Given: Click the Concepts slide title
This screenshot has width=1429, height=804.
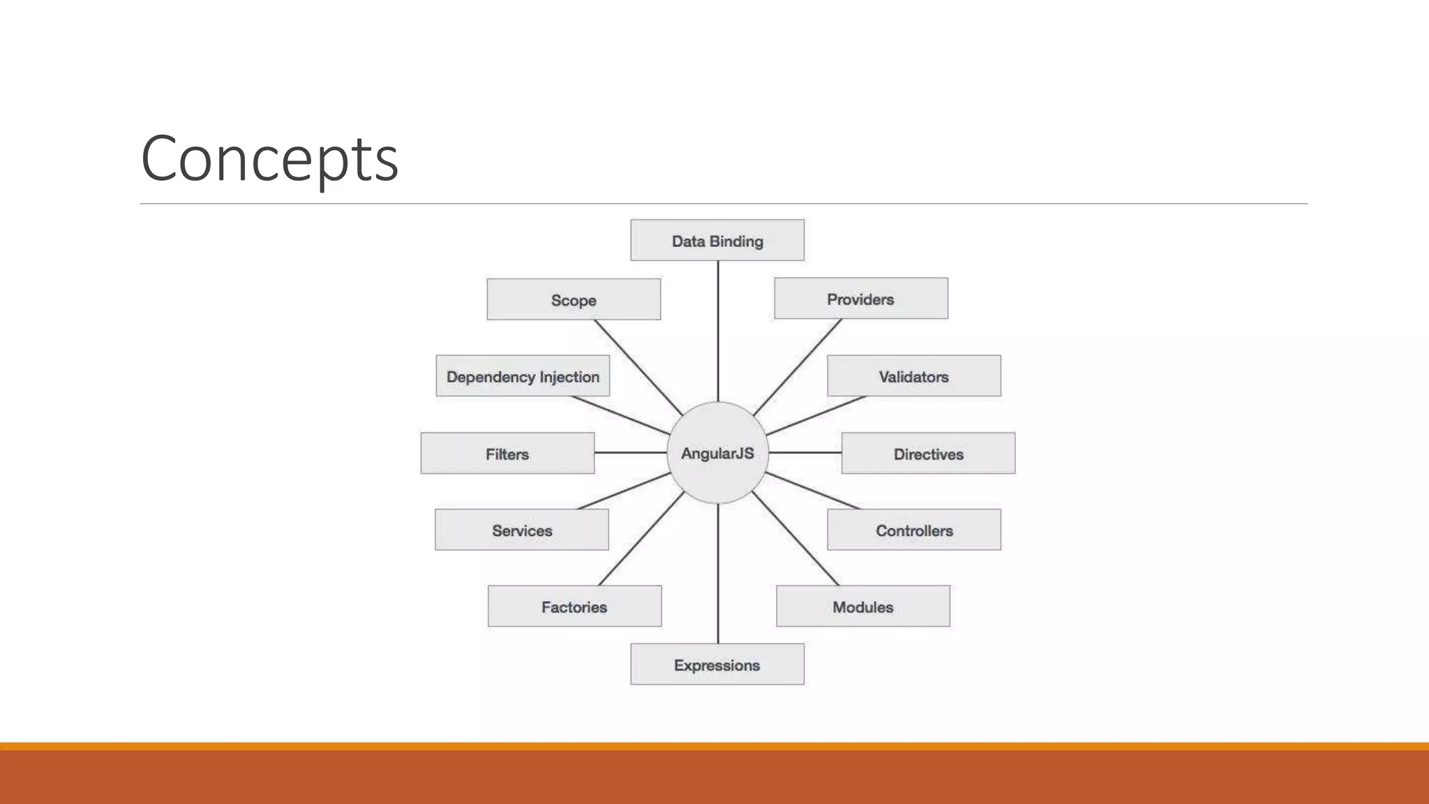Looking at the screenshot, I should pos(269,158).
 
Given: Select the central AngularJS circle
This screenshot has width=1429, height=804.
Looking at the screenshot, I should pos(717,453).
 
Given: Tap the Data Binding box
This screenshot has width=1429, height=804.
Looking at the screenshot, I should pos(717,241).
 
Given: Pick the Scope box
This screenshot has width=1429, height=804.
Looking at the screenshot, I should pos(574,300).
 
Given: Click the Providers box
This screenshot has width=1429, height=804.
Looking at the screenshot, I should pos(861,299).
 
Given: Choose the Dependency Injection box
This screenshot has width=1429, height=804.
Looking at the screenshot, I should pos(523,376).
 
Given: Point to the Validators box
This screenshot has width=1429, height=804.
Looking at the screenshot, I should pos(914,376).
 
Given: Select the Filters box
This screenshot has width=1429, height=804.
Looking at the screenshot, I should pos(507,454).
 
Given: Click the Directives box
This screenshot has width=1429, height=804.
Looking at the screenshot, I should pos(928,454).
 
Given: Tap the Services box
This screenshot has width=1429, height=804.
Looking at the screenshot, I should pos(522,530).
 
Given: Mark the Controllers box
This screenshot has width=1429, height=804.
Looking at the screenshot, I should pos(914,530).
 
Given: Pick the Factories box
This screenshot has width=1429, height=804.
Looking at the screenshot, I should pos(574,606).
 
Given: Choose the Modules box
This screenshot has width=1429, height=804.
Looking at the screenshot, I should pos(863,606).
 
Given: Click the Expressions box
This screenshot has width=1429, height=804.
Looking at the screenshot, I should pos(717,664).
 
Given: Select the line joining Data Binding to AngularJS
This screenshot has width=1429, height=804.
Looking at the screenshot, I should pos(718,332).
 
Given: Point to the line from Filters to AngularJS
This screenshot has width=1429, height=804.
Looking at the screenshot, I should pos(631,453).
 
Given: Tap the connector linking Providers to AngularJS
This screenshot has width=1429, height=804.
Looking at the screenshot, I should pos(798,367).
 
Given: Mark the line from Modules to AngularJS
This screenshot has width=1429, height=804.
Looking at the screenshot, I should pos(795,538).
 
